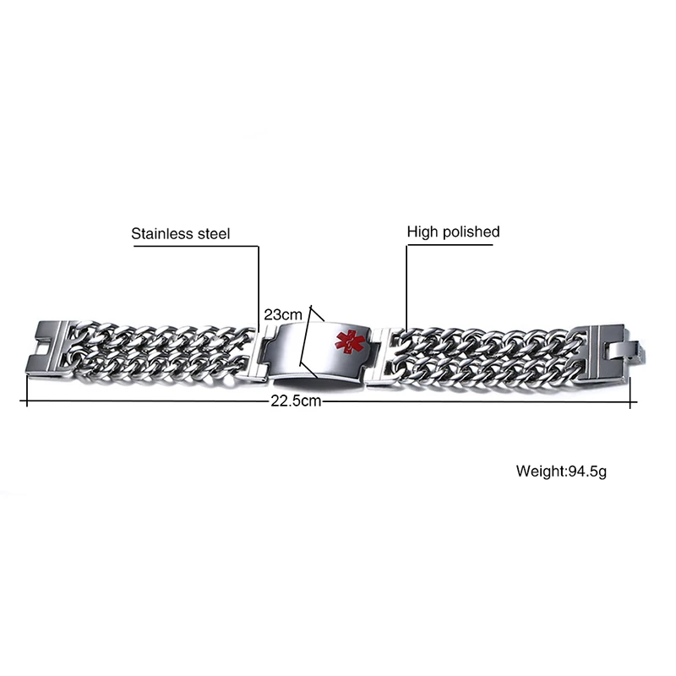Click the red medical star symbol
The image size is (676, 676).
pyautogui.click(x=346, y=341)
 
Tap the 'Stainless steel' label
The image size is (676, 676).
pyautogui.click(x=180, y=232)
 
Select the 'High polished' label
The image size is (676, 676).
pyautogui.click(x=454, y=232)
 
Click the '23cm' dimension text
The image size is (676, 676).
pyautogui.click(x=282, y=313)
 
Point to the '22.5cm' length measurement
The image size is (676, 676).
pyautogui.click(x=296, y=401)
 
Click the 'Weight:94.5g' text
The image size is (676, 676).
pyautogui.click(x=561, y=470)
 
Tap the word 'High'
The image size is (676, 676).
pyautogui.click(x=422, y=232)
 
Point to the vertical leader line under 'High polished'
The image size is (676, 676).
pyautogui.click(x=406, y=287)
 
